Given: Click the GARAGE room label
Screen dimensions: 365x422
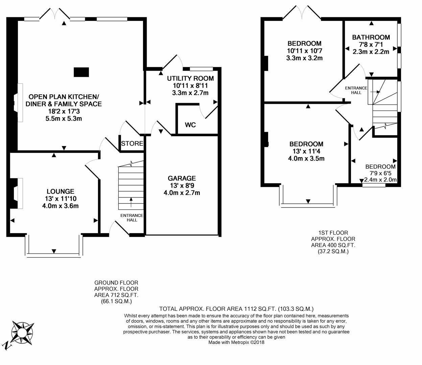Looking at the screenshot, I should pyautogui.click(x=182, y=178).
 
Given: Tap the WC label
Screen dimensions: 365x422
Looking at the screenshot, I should pyautogui.click(x=190, y=125).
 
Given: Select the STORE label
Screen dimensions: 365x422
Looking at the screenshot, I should pyautogui.click(x=132, y=143).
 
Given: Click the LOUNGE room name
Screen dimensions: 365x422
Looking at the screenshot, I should pyautogui.click(x=61, y=191).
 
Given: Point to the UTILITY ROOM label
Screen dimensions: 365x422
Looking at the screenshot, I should pyautogui.click(x=190, y=78).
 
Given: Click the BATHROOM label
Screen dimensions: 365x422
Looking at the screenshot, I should pyautogui.click(x=371, y=37).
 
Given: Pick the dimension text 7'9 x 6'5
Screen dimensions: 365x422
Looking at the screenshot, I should pyautogui.click(x=380, y=173).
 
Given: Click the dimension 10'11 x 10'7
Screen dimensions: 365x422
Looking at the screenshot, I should pyautogui.click(x=304, y=51).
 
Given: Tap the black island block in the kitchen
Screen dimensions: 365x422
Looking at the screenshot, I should pyautogui.click(x=81, y=72).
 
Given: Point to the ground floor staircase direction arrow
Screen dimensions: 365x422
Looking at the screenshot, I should pyautogui.click(x=131, y=202).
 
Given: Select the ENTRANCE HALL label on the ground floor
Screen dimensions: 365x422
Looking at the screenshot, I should pyautogui.click(x=132, y=218).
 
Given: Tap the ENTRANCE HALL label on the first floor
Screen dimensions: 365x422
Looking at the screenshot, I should pyautogui.click(x=356, y=90).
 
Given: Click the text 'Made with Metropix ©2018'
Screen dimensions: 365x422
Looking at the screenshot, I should pyautogui.click(x=236, y=342).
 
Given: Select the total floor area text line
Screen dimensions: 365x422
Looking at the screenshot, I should pyautogui.click(x=236, y=309).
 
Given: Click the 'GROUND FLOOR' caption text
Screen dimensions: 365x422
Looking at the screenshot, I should pyautogui.click(x=116, y=283).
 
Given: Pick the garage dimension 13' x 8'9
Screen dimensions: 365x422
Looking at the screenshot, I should pyautogui.click(x=182, y=186).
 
